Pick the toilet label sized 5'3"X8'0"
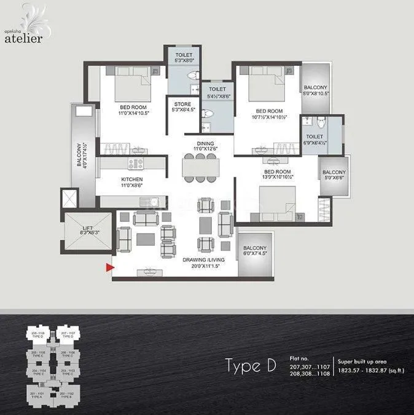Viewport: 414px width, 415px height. click(182, 57)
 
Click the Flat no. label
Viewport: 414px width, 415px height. click(300, 358)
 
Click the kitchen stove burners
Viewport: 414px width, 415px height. click(135, 164)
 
